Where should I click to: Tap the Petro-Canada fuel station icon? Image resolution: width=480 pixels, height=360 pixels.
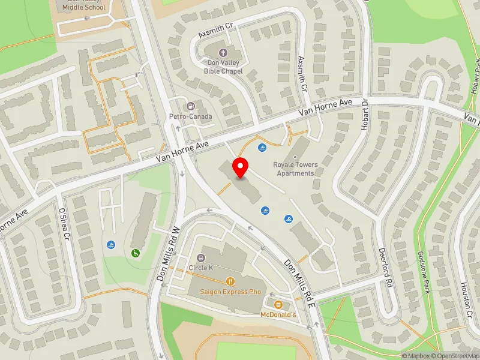[x=192, y=106]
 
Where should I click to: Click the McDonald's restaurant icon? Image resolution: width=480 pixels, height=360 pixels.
[x=278, y=304]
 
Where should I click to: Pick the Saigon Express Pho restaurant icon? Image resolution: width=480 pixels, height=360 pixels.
[x=230, y=281]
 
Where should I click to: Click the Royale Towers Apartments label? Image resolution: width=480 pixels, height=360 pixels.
[x=295, y=169]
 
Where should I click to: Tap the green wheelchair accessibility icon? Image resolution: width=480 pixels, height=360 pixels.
[x=136, y=253]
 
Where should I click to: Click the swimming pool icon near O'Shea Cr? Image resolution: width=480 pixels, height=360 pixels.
[x=111, y=245]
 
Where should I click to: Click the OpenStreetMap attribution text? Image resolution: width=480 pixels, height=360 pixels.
[x=454, y=356]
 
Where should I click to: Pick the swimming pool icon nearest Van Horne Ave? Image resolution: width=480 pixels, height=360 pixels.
[x=262, y=148]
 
